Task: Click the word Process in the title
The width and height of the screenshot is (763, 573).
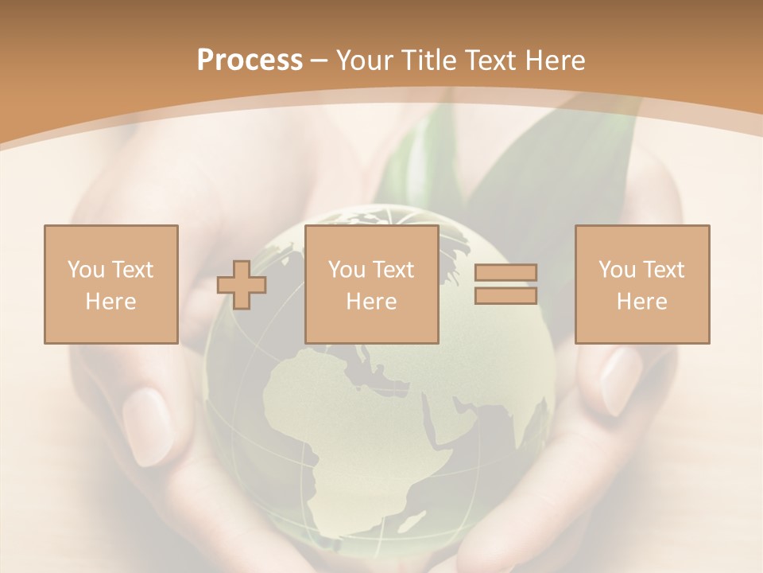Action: pos(250,60)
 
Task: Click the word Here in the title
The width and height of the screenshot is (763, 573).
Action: pos(557,60)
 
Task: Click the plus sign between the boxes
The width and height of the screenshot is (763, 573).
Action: pos(242,285)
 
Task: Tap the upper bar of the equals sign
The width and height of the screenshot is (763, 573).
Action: pos(505,272)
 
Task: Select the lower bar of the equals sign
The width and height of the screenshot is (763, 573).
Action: pos(505,296)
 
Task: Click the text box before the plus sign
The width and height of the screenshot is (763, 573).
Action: pos(111,284)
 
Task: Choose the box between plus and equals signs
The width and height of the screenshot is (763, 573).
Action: pos(371,284)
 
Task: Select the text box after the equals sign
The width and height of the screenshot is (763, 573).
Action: pos(642,284)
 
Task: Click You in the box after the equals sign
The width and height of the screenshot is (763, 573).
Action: pos(617,270)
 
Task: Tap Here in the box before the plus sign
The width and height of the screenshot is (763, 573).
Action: pos(111,302)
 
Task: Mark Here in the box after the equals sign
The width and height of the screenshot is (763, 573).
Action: pos(642,302)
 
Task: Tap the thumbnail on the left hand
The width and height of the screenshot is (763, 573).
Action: pos(148,426)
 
